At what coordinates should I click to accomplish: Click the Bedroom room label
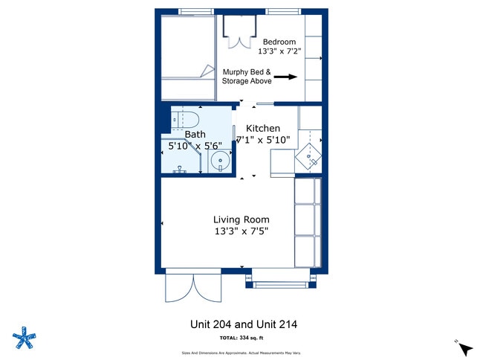coord(279,42)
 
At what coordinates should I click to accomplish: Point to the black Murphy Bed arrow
coord(286,77)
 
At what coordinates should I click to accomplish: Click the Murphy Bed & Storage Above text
coord(247,76)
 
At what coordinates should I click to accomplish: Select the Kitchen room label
coord(263,129)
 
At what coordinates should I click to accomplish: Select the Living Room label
coord(241,219)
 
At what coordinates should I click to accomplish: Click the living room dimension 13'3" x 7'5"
coord(241,231)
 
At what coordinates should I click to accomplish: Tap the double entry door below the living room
coord(193,287)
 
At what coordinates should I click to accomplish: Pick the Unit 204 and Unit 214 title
coord(244,324)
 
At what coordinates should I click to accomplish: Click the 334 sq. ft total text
coord(244,338)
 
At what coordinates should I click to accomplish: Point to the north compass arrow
coord(465,348)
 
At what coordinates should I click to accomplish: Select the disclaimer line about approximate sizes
coord(244,353)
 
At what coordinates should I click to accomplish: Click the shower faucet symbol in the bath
coord(179,170)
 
